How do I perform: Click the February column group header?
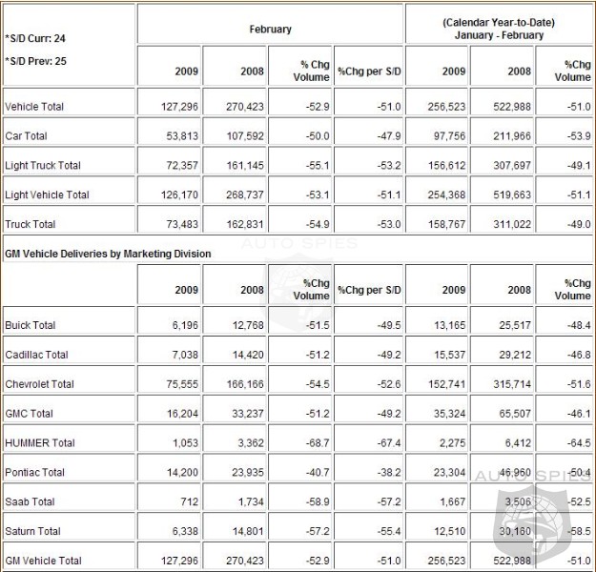270,30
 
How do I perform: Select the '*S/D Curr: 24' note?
36,39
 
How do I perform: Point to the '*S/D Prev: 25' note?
36,60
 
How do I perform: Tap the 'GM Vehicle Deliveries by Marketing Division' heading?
108,254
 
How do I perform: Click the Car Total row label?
28,136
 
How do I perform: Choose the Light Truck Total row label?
43,166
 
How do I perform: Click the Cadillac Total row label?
36,355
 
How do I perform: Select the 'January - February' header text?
499,36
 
